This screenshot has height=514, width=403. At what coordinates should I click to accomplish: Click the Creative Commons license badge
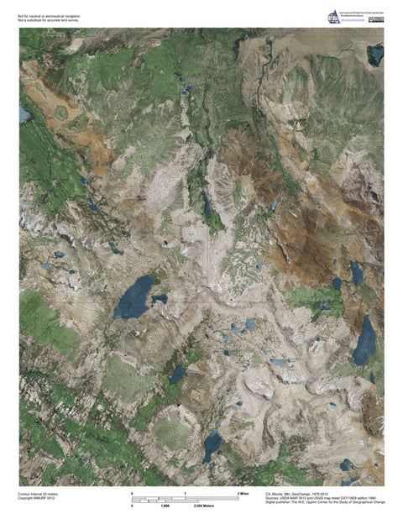coord(376,20)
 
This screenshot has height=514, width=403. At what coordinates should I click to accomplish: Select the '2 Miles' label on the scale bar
coord(243,492)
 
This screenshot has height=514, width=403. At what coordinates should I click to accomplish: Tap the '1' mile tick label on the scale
coord(186,492)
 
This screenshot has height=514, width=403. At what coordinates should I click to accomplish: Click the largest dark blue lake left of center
coord(134,297)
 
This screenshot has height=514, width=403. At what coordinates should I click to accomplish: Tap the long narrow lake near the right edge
coord(364,339)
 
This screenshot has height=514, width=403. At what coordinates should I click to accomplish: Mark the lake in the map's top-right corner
coord(375,55)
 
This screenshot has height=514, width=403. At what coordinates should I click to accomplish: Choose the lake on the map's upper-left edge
coord(24,114)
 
